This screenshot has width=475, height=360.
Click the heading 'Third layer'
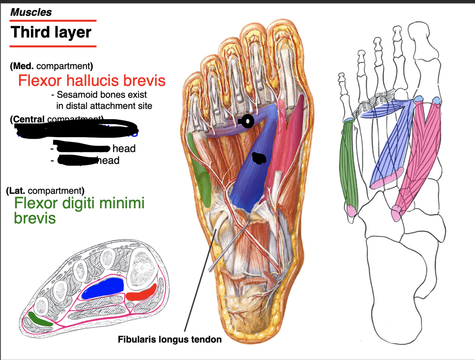pos(51,32)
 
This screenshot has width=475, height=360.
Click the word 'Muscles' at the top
pos(31,12)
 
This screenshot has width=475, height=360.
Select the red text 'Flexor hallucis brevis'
pos(92,81)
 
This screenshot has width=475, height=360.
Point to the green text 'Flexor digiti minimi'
pos(79,203)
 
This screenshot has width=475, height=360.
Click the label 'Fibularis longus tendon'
pos(169,339)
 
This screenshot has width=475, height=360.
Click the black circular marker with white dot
pos(247,121)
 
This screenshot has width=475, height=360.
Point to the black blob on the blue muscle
pos(259,158)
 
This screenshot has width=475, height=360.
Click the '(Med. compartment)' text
pos(52,66)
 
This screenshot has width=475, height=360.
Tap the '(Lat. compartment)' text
pos(45,191)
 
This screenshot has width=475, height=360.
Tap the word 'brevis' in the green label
pos(35,218)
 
